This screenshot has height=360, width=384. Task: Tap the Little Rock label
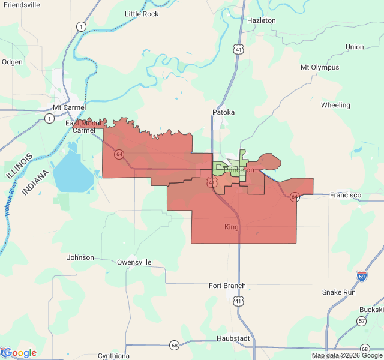142,14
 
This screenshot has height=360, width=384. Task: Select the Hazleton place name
262,20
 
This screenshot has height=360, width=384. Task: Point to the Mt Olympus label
320,68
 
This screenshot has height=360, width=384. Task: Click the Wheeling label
335,105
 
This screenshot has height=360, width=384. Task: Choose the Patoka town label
223,112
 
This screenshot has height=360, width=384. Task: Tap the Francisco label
346,195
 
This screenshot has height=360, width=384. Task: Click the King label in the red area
231,227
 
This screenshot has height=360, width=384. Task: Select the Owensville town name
134,262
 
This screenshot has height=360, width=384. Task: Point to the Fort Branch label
227,286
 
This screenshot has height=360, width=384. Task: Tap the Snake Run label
338,292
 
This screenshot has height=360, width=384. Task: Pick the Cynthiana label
113,356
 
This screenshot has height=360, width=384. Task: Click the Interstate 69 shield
361,275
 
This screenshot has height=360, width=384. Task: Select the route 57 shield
361,322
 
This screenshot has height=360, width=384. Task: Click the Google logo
19,353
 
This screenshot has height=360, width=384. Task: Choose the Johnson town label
80,257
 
